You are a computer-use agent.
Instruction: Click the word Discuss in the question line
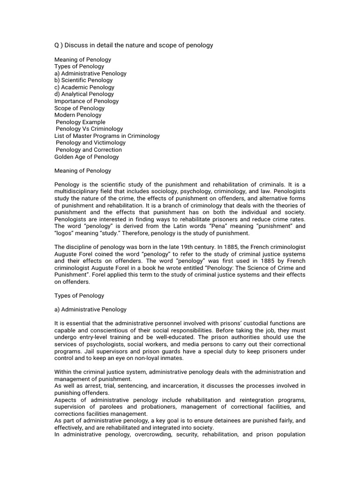coord(75,45)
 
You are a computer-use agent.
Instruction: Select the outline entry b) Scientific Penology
coord(84,80)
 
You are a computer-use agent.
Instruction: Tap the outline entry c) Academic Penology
coord(84,87)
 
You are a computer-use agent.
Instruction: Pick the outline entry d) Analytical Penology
coord(84,94)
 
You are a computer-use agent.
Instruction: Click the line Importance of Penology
coord(86,101)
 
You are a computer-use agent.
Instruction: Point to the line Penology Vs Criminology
coord(89,129)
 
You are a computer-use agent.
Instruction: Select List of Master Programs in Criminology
coord(107,136)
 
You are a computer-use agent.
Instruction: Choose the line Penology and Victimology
coord(90,143)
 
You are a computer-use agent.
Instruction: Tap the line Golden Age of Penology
coord(86,157)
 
